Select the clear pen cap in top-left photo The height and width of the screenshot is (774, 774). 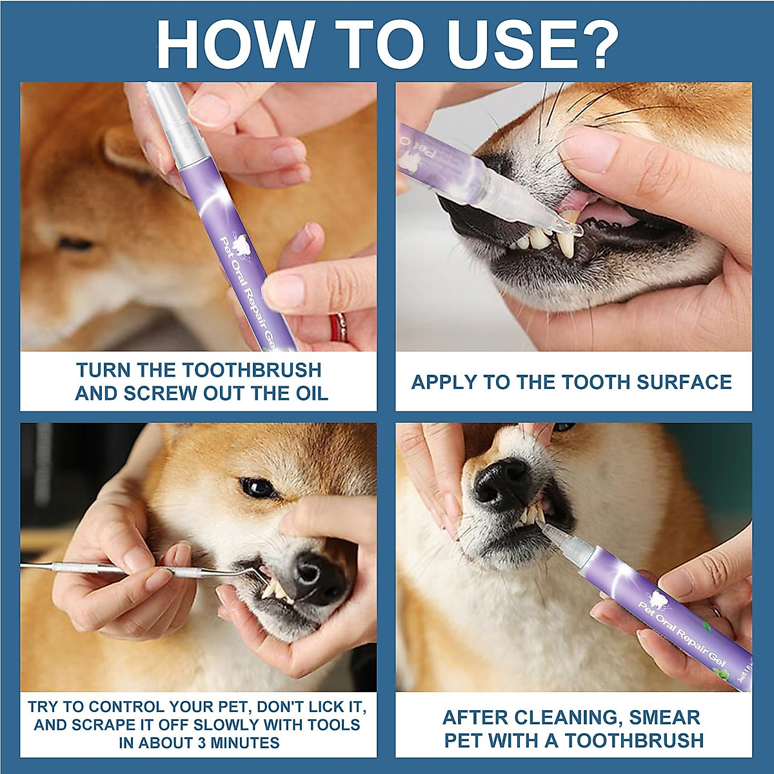pyautogui.click(x=161, y=123)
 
